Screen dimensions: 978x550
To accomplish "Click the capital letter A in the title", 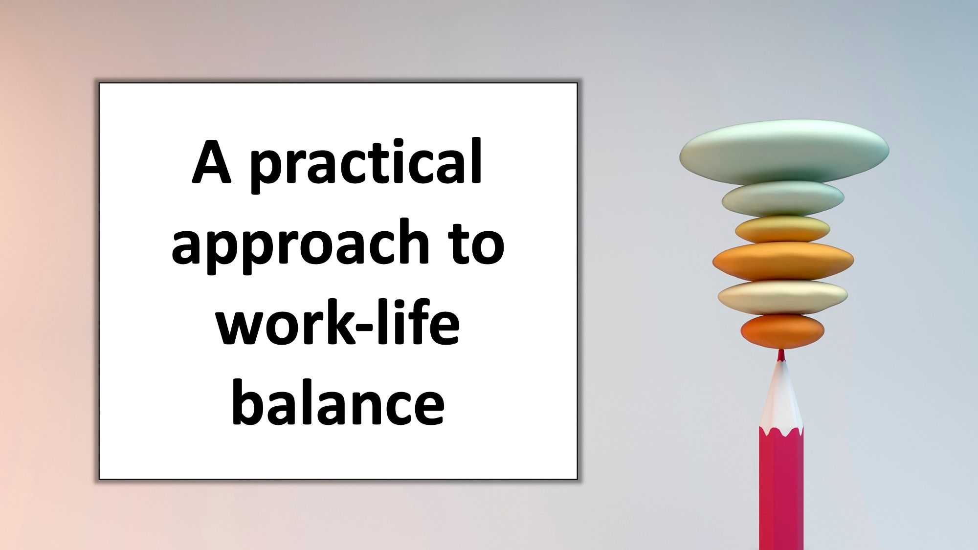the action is [x=211, y=162].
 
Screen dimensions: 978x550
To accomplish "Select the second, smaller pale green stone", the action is [x=783, y=198].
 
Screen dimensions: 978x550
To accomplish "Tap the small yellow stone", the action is [x=782, y=229].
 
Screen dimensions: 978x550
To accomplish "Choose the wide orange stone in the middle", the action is [x=783, y=261].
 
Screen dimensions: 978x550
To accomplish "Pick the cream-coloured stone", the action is [x=782, y=296].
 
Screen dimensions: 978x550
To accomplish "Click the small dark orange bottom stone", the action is [x=782, y=331].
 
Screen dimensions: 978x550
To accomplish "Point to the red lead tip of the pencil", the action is [x=781, y=355].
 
